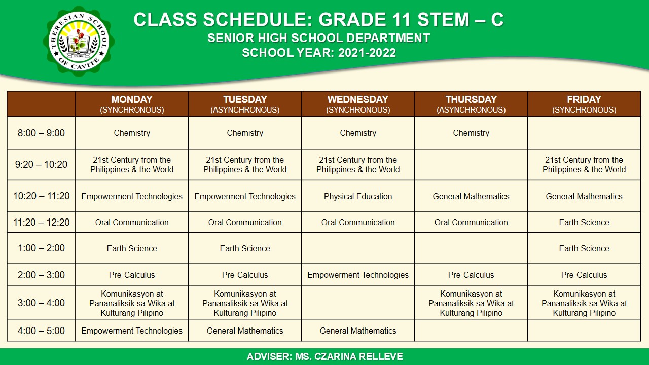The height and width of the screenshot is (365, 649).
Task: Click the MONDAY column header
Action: pos(132,104)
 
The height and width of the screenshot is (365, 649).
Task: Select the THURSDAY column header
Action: pos(471,104)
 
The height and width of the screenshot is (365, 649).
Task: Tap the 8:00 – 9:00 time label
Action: pos(41,133)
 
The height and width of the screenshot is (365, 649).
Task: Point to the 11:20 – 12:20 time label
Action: pos(41,222)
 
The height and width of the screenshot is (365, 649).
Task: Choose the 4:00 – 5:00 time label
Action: pos(41,331)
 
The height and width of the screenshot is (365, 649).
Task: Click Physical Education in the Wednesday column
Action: pos(358,196)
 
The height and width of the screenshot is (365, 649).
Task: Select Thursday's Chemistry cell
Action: pos(471,133)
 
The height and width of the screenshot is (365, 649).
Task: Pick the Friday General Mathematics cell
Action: pos(584,196)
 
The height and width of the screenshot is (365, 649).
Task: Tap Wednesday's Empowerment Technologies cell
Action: pos(358,275)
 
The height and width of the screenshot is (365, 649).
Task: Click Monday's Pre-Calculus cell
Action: pos(132,275)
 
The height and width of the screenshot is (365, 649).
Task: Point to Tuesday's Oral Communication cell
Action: pos(245,222)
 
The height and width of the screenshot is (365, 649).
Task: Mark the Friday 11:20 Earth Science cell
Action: pos(584,222)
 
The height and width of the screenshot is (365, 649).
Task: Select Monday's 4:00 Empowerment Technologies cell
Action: pos(132,331)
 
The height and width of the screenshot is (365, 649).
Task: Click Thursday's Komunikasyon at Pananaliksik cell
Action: pos(471,303)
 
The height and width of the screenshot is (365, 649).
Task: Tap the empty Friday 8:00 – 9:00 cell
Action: pos(584,133)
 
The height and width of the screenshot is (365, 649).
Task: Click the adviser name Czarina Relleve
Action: pos(348,357)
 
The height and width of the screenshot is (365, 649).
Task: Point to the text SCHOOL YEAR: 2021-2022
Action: pos(319,53)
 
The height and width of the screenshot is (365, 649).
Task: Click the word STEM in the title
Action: pos(441,20)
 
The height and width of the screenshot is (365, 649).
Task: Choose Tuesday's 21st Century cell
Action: pos(245,165)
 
